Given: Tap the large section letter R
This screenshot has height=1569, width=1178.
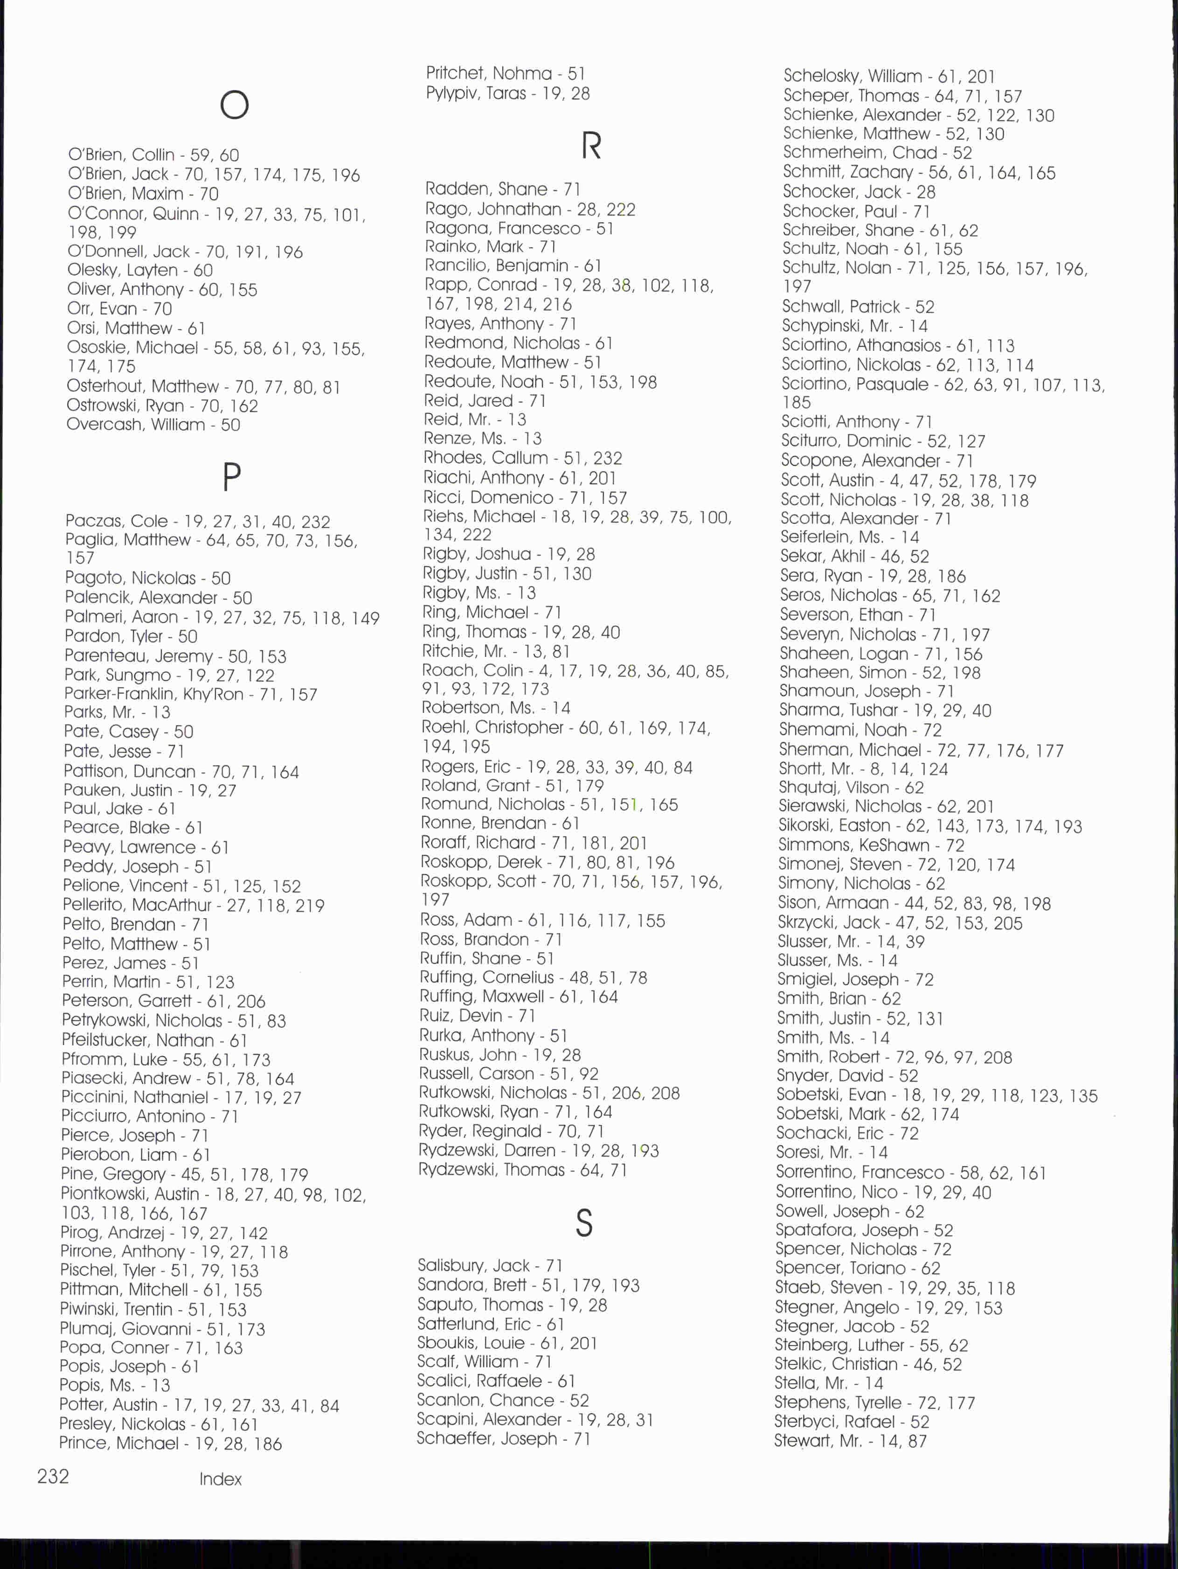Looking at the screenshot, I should click(x=591, y=146).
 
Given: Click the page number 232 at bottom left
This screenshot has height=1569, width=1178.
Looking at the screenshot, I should click(x=53, y=1477).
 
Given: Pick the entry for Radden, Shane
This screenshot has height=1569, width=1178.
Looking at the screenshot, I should click(x=502, y=188).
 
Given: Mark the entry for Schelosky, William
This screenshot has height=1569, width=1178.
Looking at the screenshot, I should click(x=889, y=76).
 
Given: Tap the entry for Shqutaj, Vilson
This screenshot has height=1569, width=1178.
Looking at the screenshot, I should click(x=851, y=788).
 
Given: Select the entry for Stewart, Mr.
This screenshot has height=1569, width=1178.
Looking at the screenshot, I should click(x=850, y=1441).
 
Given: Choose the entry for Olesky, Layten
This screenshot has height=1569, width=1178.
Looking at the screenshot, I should click(x=140, y=270).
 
